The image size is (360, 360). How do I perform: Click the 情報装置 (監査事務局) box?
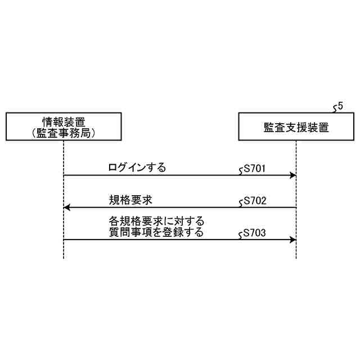tap(64, 127)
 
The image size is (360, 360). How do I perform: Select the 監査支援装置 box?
tap(296, 127)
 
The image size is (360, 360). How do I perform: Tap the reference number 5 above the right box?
tap(340, 105)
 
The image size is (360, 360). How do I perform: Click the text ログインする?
tap(137, 168)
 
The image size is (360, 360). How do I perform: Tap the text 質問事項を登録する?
tap(156, 232)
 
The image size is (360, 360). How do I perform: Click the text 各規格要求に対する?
tap(156, 221)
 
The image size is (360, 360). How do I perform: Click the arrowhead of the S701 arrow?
tap(293, 175)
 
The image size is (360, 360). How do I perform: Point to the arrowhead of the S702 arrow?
tap(67, 208)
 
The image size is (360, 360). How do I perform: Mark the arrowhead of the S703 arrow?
tap(293, 240)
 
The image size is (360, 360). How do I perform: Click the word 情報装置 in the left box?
tap(64, 121)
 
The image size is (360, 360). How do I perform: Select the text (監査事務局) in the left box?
tap(64, 133)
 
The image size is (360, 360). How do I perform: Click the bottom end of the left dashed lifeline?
tap(64, 258)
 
